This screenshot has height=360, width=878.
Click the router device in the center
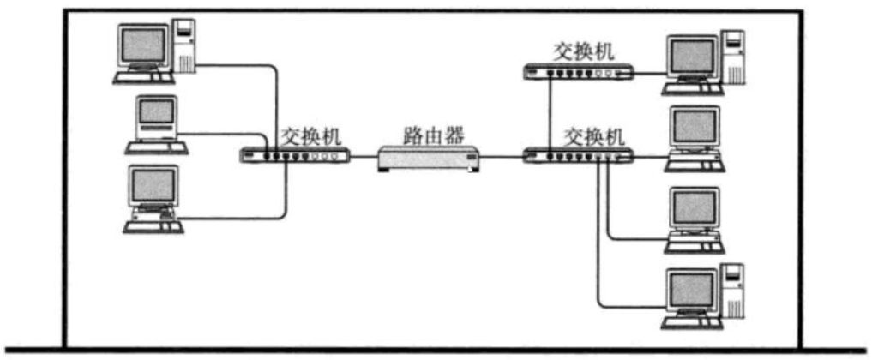coord(428,159)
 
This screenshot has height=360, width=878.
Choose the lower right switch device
coord(580,157)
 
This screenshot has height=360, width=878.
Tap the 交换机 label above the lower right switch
coord(592,135)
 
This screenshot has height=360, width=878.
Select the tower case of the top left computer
coord(185,45)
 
